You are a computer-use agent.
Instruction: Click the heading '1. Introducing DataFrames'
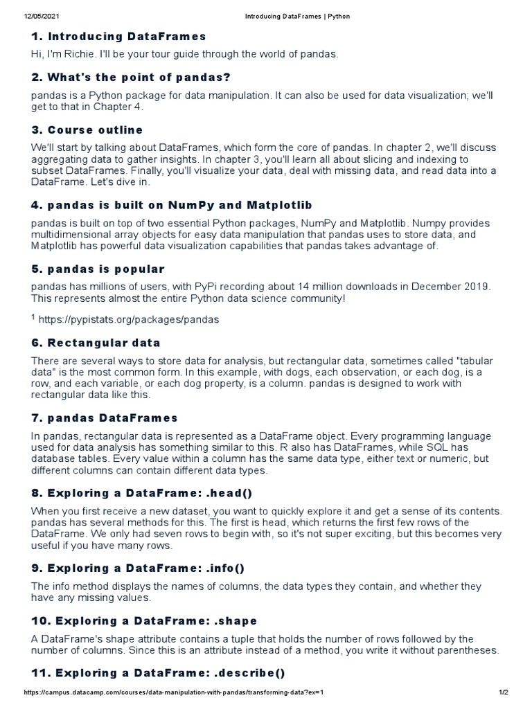(x=118, y=36)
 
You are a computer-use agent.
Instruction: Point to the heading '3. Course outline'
(x=87, y=129)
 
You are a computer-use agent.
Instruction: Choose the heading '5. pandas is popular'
(x=98, y=269)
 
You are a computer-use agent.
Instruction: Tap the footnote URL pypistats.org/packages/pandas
(x=129, y=319)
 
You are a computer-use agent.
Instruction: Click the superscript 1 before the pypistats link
(x=33, y=317)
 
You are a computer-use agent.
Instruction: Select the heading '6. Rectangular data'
(x=96, y=342)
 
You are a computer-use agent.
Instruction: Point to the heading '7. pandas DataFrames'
(x=105, y=418)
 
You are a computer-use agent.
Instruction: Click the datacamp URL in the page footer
(x=164, y=692)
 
